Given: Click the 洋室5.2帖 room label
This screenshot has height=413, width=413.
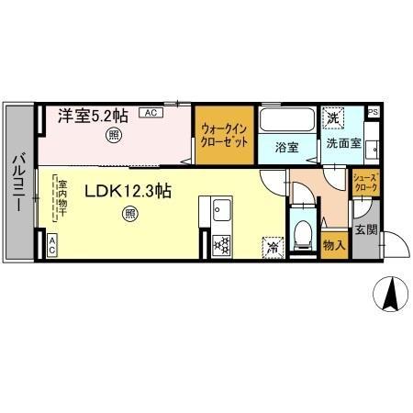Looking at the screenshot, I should click(x=88, y=117).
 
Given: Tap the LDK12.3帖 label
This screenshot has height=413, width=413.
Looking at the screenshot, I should click(x=128, y=192).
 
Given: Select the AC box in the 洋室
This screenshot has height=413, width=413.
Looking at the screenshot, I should click(x=151, y=113).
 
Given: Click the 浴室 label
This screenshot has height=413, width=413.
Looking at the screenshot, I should click(x=283, y=144).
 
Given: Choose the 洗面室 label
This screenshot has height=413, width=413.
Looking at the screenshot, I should click(x=339, y=144).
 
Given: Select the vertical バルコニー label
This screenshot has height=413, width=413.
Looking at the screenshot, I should click(x=18, y=183).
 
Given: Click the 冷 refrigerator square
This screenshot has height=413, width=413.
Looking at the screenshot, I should click(x=273, y=246).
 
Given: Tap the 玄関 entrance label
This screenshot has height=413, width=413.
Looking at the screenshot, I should click(x=364, y=229).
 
